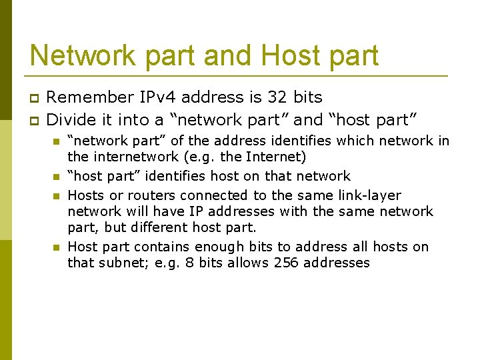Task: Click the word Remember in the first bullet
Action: [88, 97]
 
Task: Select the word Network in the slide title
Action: [81, 55]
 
